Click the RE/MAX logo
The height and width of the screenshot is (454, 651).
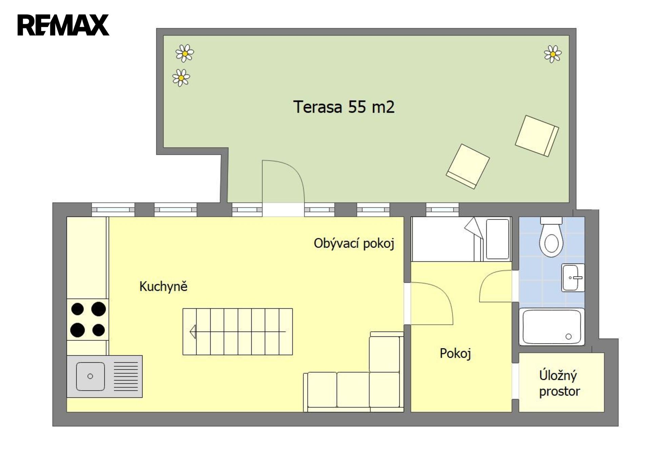[x=63, y=25]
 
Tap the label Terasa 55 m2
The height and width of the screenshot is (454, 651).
[x=344, y=107]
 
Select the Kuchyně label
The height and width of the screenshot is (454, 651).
[x=163, y=286]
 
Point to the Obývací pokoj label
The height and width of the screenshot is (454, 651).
[x=354, y=243]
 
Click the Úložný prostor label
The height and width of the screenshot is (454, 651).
[x=559, y=384]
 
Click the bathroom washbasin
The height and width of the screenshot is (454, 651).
[x=573, y=278]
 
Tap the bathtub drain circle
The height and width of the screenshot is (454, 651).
[x=569, y=336]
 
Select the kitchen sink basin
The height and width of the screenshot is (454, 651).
[x=90, y=376]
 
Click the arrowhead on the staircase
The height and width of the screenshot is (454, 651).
[x=193, y=332]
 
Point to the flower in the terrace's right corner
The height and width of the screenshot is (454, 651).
[x=553, y=54]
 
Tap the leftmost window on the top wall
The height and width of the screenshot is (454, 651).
[x=113, y=210]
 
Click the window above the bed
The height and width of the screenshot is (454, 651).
[x=442, y=210]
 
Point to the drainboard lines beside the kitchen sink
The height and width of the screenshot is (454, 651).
[x=126, y=376]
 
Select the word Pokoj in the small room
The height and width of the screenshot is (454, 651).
[x=455, y=354]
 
